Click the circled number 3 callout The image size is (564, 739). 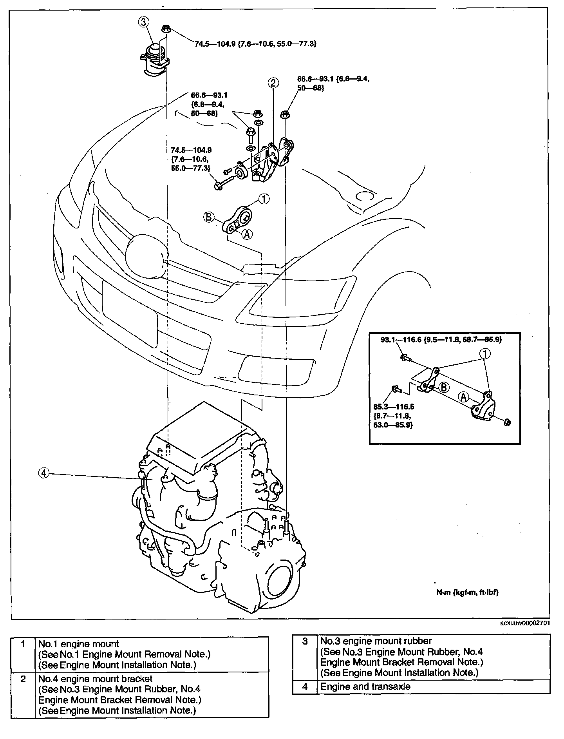coord(144,22)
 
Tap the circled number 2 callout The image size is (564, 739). coord(273,83)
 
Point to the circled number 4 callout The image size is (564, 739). coord(44,473)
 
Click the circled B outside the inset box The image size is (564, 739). coord(209,217)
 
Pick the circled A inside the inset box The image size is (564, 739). coord(464,397)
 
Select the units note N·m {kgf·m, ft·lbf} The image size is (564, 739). coord(467,604)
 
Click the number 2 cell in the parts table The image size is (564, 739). coord(23,679)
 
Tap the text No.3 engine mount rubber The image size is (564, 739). coord(376,641)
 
